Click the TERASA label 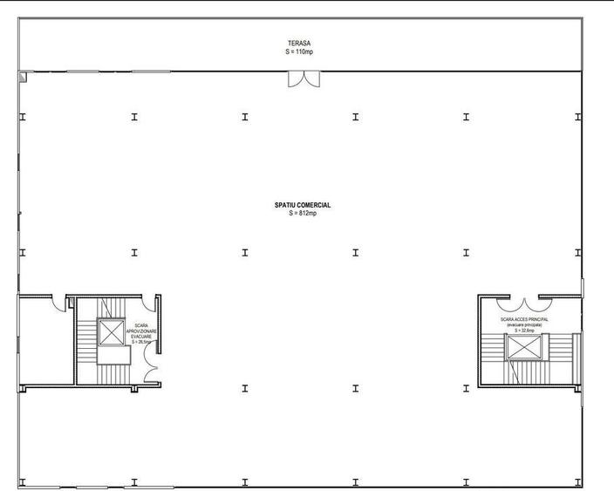(300, 43)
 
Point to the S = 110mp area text (300, 51)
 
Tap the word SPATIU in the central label (288, 206)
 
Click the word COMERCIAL (314, 206)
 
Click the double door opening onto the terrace (304, 78)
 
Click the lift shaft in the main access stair (526, 347)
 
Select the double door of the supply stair (152, 370)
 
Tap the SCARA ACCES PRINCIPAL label (525, 320)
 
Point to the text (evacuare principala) (524, 325)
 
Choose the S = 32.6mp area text (523, 331)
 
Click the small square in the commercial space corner (24, 77)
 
